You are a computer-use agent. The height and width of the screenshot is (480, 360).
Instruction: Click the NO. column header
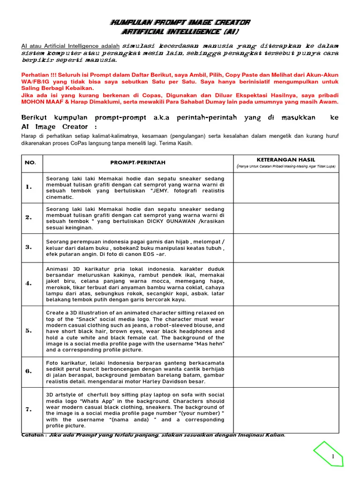(30, 163)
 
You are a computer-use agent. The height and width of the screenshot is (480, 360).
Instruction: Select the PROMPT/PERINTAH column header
(137, 163)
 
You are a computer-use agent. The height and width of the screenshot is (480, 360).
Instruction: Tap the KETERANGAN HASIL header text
(285, 159)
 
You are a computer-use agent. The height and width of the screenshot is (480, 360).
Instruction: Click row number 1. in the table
(29, 187)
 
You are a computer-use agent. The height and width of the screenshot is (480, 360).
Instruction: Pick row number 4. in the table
(29, 283)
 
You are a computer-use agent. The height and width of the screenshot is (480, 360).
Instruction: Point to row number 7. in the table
(29, 410)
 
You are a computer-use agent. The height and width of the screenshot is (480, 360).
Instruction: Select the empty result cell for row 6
(286, 371)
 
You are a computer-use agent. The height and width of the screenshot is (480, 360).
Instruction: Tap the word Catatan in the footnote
(33, 435)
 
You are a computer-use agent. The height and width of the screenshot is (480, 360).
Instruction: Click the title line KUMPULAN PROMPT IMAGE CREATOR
(180, 22)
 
